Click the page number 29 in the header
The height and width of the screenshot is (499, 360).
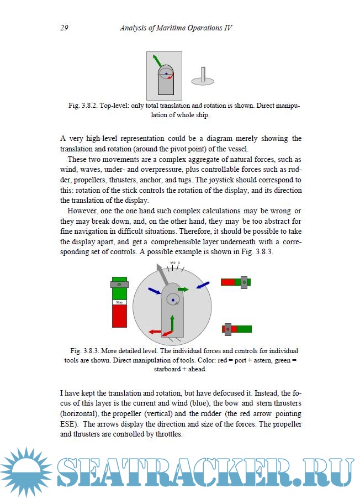pyautogui.click(x=64, y=28)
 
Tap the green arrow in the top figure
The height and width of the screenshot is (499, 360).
pyautogui.click(x=157, y=60)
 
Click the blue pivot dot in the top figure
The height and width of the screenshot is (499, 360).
pyautogui.click(x=166, y=73)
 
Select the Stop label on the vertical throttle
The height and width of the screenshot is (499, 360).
pyautogui.click(x=119, y=302)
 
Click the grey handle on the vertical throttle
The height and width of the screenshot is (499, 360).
pyautogui.click(x=119, y=284)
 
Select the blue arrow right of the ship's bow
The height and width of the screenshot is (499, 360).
pyautogui.click(x=203, y=285)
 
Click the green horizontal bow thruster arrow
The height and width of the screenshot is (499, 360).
pyautogui.click(x=183, y=289)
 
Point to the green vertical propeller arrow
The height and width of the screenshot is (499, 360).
pyautogui.click(x=172, y=323)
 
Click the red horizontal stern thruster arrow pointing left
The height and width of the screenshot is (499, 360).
pyautogui.click(x=154, y=331)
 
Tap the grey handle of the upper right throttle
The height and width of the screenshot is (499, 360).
pyautogui.click(x=243, y=282)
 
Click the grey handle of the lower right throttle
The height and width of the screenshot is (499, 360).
pyautogui.click(x=227, y=329)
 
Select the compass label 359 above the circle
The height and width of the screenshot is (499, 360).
pyautogui.click(x=172, y=262)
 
